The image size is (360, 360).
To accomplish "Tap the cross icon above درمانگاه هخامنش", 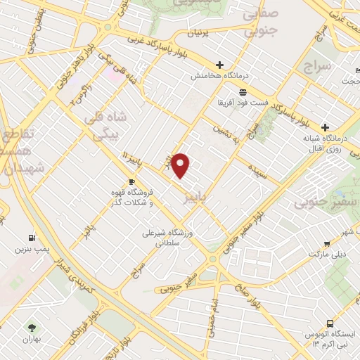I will coord(219,65).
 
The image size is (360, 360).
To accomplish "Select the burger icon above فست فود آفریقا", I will coord(243,93).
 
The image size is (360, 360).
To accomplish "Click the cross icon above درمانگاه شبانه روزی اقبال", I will coord(324,127).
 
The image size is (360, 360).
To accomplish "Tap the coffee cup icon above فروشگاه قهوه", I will coord(132,181).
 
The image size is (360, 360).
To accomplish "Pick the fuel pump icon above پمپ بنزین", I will coord(32,238).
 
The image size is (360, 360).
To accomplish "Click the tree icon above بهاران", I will coord(30,327).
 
